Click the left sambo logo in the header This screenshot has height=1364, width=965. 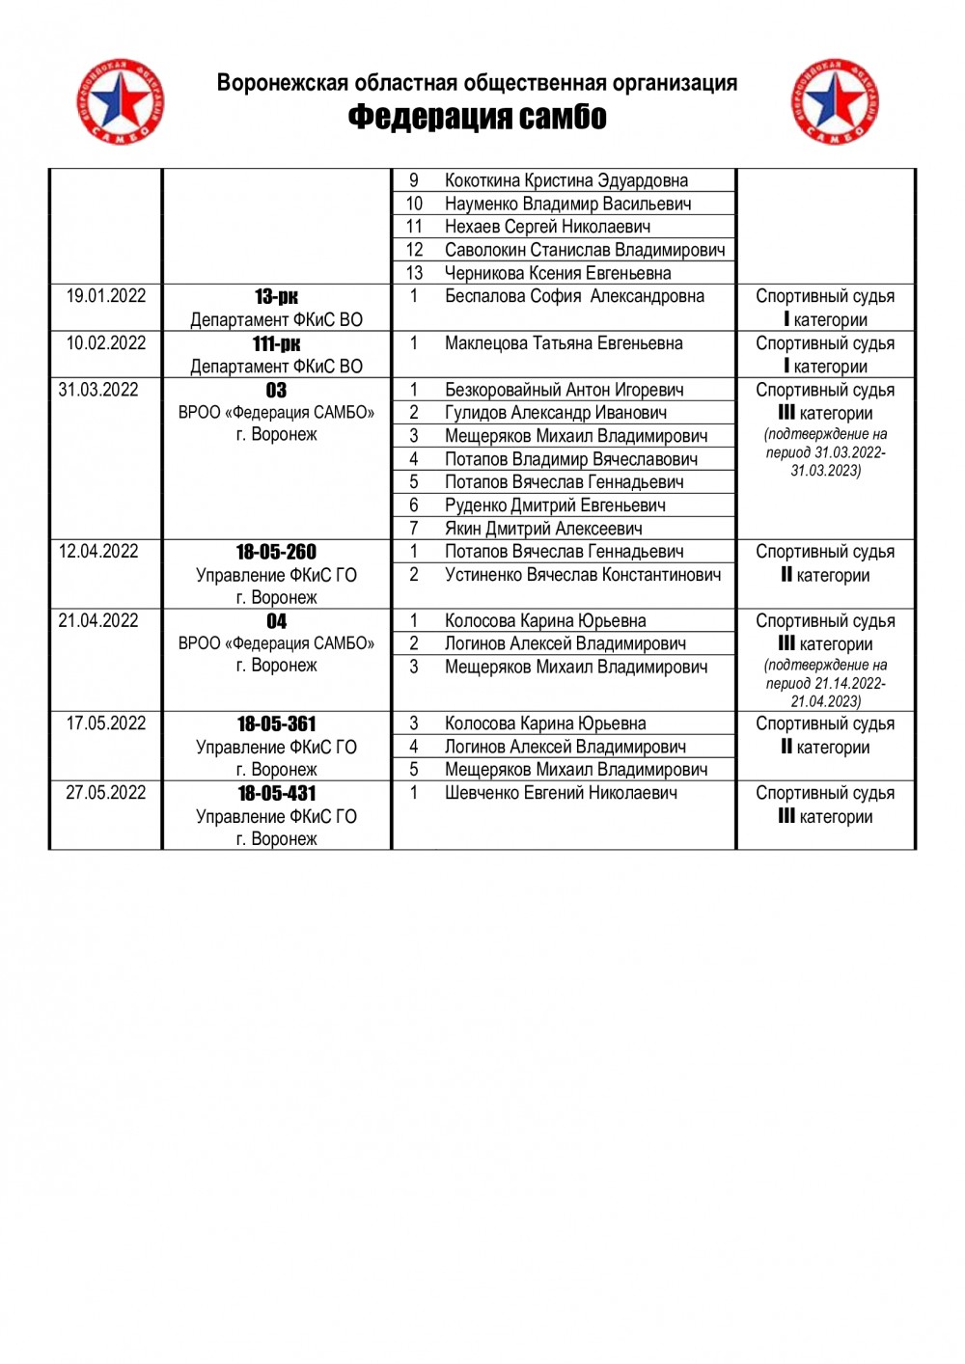point(121,101)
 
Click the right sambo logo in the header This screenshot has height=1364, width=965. point(835,101)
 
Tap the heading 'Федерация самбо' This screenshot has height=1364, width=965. point(477,117)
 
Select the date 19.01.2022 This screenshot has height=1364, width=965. point(106,296)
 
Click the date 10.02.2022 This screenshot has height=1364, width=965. point(106,343)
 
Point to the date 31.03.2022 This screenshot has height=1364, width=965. point(98,390)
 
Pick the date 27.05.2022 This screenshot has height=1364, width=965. point(106,793)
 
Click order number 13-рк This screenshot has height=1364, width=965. point(276,297)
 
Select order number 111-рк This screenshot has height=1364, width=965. point(276,344)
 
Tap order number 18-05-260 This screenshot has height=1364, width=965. point(276,553)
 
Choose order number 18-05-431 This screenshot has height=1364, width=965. point(276,794)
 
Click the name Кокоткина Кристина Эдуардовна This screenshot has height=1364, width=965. point(566,180)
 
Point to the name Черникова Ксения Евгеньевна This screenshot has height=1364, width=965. point(558,273)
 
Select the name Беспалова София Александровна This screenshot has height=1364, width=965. point(574,296)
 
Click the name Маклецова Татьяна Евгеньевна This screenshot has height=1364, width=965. point(564,343)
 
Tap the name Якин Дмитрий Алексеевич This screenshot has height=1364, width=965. point(543,529)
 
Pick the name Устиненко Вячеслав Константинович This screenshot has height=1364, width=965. point(583,575)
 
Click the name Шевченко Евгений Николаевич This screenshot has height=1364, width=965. point(561,793)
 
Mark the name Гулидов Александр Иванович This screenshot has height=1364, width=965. point(556,413)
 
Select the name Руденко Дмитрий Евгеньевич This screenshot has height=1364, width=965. point(555,505)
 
